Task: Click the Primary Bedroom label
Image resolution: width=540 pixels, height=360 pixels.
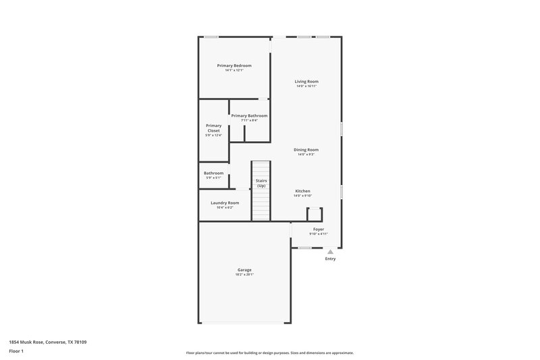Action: [234, 66]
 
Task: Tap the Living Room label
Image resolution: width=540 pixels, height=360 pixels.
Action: [306, 82]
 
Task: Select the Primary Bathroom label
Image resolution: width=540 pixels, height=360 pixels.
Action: [249, 115]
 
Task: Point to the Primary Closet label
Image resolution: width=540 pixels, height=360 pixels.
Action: [213, 128]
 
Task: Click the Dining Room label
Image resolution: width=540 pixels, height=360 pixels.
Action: [306, 149]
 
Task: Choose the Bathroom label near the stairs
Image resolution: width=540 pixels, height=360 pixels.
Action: [213, 173]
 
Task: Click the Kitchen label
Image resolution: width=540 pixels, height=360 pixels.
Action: [302, 191]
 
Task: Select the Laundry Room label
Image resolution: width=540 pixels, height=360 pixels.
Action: [225, 203]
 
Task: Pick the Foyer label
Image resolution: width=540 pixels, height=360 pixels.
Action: [319, 229]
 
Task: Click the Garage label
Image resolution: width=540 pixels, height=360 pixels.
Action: [244, 269]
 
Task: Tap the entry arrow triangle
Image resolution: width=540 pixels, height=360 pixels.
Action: [330, 251]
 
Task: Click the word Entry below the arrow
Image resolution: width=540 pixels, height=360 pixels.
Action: [330, 259]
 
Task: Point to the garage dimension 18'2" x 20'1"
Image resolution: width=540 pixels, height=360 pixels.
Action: [244, 274]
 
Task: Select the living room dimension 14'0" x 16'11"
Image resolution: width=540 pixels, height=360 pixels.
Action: [306, 86]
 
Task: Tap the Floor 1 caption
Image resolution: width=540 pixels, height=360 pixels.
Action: [17, 352]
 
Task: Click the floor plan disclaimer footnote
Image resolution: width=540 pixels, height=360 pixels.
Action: [269, 353]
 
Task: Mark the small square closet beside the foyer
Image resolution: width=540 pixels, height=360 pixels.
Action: [314, 214]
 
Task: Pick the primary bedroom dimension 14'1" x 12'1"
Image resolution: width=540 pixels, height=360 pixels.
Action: [234, 70]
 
